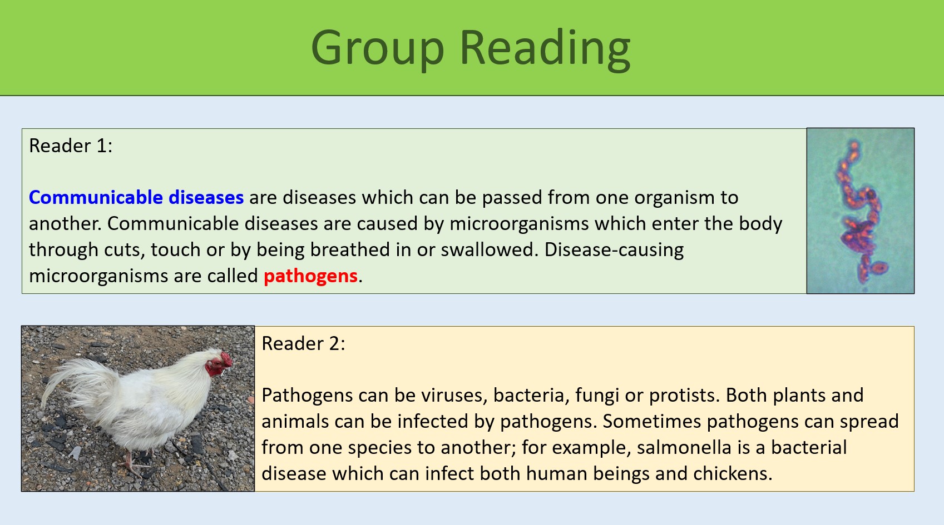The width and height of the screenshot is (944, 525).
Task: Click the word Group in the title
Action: click(377, 49)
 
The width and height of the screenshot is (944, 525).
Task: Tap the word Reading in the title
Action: click(545, 49)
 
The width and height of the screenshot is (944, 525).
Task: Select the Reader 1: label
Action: click(71, 146)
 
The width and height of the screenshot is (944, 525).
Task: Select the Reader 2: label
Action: click(303, 343)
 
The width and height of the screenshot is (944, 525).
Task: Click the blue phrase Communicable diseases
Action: click(136, 197)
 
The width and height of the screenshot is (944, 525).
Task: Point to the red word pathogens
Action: click(310, 276)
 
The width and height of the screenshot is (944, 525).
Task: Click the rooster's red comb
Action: click(225, 358)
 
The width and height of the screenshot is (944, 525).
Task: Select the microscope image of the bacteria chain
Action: click(860, 211)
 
